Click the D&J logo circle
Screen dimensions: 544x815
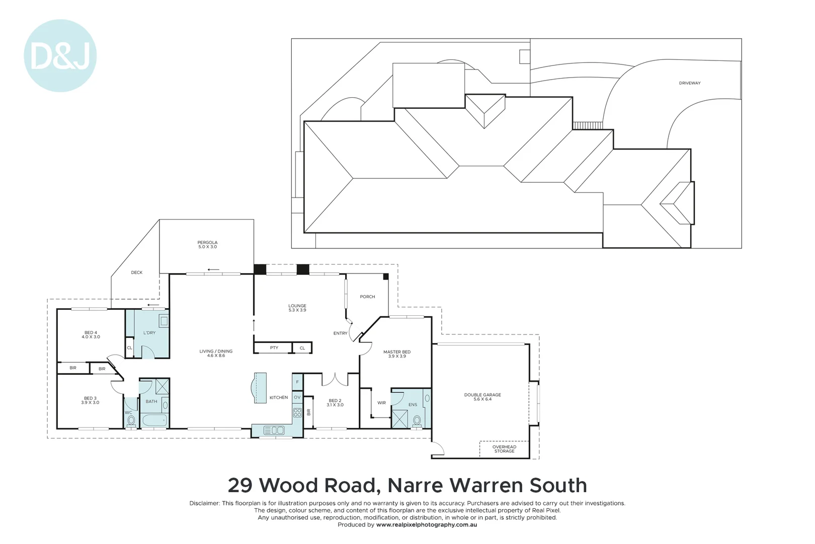click(x=60, y=55)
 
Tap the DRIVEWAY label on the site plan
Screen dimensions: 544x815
click(x=689, y=83)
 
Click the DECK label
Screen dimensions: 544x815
click(x=137, y=273)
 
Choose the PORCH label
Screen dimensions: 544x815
click(x=367, y=297)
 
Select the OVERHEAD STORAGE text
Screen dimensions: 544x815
click(x=504, y=449)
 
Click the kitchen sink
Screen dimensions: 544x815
click(x=274, y=430)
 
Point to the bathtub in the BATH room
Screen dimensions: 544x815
click(x=154, y=420)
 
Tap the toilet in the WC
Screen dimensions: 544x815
click(x=131, y=420)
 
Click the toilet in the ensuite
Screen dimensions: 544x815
click(x=417, y=421)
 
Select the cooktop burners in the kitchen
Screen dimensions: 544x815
click(x=297, y=413)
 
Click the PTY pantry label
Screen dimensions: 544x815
click(x=274, y=348)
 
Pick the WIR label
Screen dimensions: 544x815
click(x=381, y=402)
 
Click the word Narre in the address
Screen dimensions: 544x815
click(x=415, y=486)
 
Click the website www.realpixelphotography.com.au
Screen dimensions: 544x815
click(x=426, y=524)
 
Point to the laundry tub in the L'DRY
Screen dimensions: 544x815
click(x=164, y=320)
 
